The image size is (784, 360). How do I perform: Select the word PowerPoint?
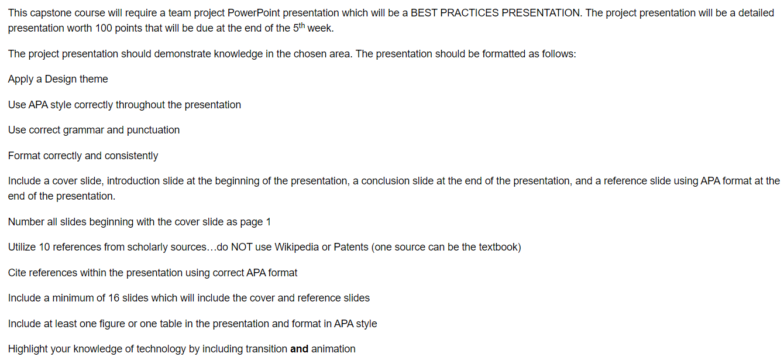pos(253,13)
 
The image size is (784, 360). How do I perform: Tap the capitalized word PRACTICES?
pos(469,13)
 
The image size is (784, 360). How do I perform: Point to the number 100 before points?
pos(104,28)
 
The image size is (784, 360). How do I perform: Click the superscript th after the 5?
pos(302,26)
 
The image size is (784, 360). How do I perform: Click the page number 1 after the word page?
pos(269,222)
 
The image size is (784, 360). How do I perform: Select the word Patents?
pos(351,247)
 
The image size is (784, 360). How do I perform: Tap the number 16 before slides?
pos(114,298)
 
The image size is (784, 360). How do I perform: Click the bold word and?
pos(299,349)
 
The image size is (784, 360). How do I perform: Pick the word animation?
pos(333,349)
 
